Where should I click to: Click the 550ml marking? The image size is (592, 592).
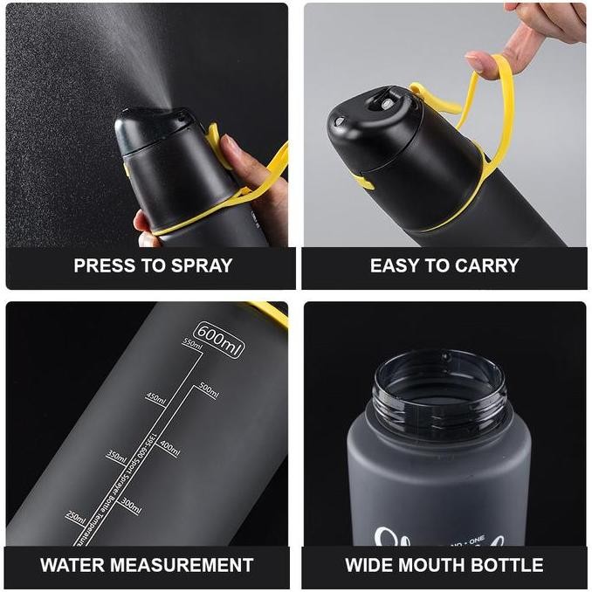(192, 343)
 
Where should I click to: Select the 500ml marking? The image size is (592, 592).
(209, 389)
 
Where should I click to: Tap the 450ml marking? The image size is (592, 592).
(155, 398)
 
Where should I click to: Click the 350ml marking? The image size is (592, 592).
(116, 455)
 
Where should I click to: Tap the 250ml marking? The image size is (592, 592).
(76, 518)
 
